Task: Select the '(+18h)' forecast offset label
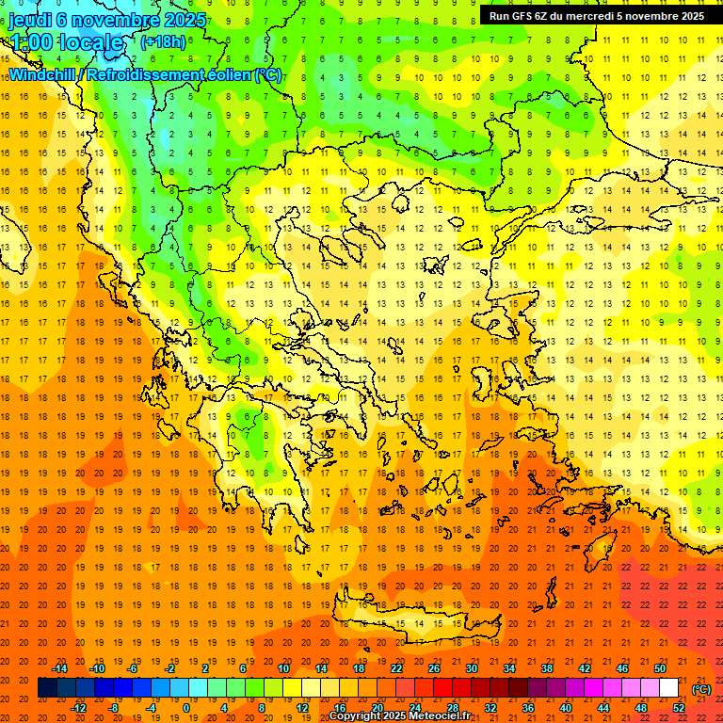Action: click(x=162, y=42)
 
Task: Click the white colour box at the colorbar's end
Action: click(x=668, y=688)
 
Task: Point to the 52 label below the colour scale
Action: click(x=679, y=708)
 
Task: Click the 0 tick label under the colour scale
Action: click(x=185, y=708)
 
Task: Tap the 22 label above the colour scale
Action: click(x=396, y=668)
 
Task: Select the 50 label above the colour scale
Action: click(x=660, y=668)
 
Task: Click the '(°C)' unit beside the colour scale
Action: click(x=701, y=689)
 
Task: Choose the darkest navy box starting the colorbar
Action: click(x=47, y=688)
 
